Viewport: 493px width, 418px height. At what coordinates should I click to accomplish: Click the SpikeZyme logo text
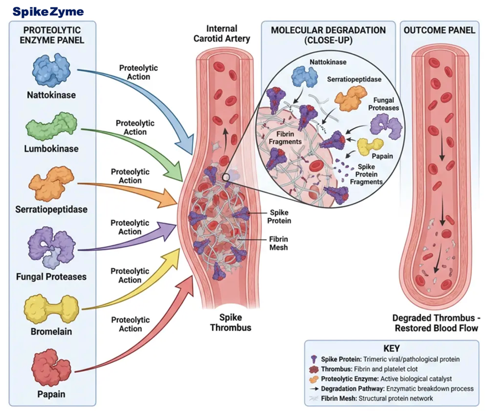coord(48,12)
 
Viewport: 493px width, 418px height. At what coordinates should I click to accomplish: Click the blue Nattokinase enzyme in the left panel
coord(51,70)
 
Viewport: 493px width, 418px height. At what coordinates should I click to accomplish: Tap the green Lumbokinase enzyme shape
coord(51,126)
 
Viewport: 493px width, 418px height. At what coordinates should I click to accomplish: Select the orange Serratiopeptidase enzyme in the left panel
coord(51,183)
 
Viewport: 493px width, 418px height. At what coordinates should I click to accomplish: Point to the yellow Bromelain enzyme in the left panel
coord(51,309)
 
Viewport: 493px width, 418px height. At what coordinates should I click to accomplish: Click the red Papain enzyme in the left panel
coord(51,367)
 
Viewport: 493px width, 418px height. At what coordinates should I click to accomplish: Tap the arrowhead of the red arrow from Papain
coord(187,286)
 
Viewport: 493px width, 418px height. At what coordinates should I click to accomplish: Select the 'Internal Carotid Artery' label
coord(222,33)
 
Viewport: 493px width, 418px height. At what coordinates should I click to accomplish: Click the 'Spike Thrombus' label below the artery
coord(231,322)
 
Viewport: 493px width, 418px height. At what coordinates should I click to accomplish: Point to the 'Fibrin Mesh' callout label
coord(279,244)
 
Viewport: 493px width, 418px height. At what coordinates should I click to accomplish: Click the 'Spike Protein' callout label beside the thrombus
coord(279,217)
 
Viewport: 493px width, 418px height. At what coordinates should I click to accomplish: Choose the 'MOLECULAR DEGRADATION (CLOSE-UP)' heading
coord(329,35)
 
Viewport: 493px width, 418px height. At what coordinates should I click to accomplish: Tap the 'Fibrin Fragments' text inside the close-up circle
coord(285,138)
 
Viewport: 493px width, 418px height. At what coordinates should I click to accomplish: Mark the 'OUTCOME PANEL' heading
coord(439,30)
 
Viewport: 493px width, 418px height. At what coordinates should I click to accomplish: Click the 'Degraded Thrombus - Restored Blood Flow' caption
coord(436,323)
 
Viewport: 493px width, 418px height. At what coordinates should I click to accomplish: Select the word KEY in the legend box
coord(392,348)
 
